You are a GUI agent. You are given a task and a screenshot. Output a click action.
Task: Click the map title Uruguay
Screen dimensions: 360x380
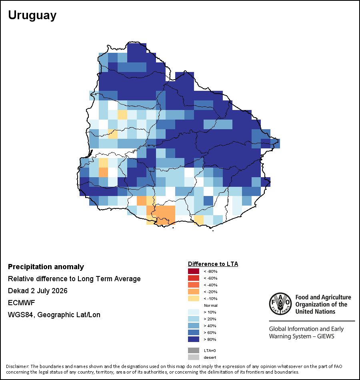click(x=32, y=15)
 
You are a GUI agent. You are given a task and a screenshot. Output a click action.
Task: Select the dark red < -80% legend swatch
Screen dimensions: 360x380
click(x=194, y=271)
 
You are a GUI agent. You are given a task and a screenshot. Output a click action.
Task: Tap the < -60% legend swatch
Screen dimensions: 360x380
click(x=194, y=278)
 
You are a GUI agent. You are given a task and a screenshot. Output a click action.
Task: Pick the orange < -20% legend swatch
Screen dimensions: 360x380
click(x=194, y=292)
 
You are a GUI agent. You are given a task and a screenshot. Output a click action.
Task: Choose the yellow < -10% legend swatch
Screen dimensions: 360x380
click(x=194, y=298)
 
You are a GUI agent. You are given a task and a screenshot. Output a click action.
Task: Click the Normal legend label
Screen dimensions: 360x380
click(x=210, y=305)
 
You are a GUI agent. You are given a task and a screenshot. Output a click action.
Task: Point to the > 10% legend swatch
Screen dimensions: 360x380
click(x=194, y=312)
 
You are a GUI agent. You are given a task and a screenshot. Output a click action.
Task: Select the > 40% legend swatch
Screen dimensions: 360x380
click(x=194, y=326)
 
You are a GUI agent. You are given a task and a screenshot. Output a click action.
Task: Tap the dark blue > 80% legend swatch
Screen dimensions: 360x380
click(x=194, y=339)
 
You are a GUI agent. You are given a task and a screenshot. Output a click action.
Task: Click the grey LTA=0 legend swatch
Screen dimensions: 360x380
click(x=194, y=350)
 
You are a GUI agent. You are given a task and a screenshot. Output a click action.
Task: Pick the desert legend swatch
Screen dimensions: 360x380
click(x=194, y=357)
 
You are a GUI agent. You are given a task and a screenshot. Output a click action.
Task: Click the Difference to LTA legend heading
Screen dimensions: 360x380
click(x=213, y=264)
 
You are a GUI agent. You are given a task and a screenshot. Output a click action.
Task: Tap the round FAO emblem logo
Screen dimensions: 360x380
click(x=280, y=304)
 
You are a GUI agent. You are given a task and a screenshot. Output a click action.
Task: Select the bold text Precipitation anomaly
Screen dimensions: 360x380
click(x=46, y=267)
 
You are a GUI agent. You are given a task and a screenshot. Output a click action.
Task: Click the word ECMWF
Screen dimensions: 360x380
click(x=21, y=303)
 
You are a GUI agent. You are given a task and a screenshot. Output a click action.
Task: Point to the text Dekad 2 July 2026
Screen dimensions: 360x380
click(x=38, y=290)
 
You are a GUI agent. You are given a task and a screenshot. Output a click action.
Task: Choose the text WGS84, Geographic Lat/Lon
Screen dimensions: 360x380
click(x=54, y=315)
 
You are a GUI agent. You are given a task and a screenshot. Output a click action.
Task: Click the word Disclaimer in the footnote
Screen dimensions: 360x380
click(x=17, y=366)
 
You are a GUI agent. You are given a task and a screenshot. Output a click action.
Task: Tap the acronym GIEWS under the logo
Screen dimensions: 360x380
click(x=326, y=336)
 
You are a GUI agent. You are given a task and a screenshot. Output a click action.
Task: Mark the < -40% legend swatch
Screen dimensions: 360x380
click(x=194, y=285)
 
